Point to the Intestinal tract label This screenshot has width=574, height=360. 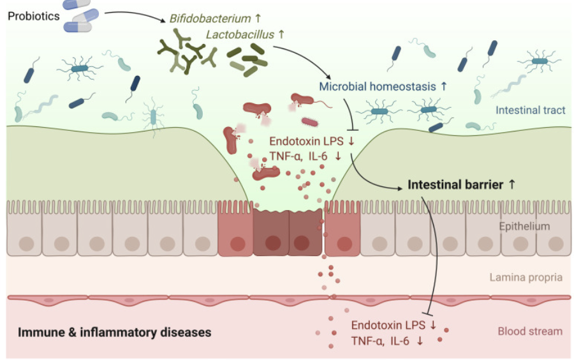coord(530,110)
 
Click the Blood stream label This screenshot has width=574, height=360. coord(530,331)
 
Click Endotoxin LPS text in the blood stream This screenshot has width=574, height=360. coord(388,325)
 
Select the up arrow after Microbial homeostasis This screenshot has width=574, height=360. coord(444,86)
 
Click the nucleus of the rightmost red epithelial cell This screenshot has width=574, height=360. coord(344,243)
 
